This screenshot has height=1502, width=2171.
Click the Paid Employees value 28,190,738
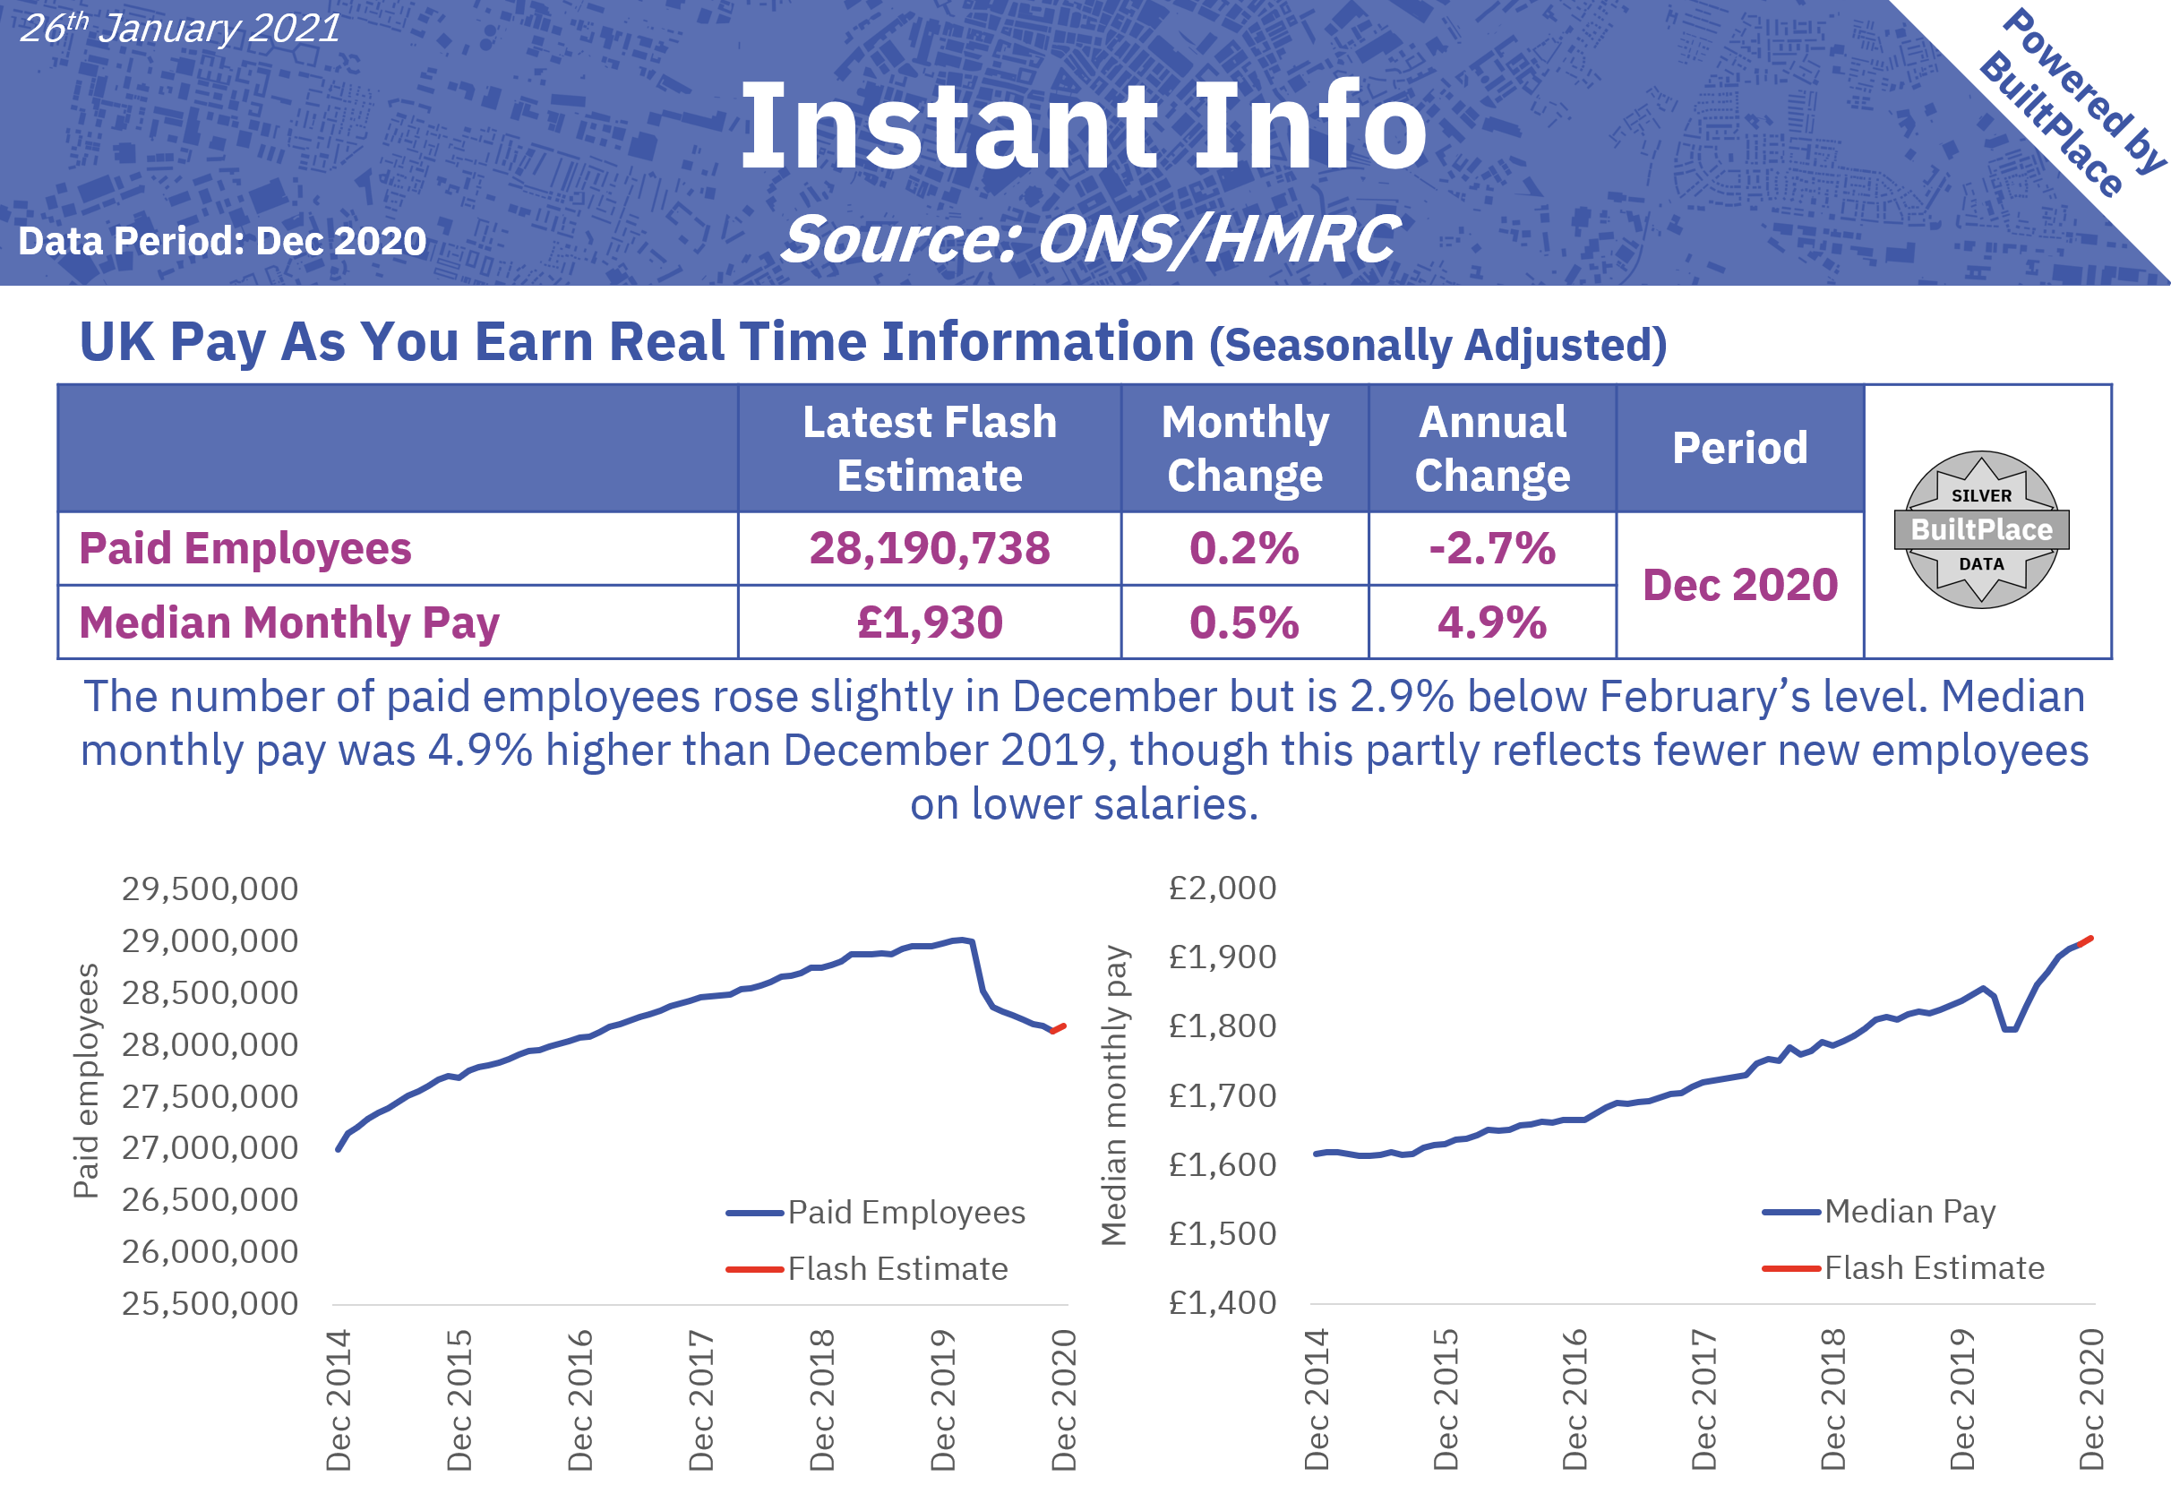point(929,549)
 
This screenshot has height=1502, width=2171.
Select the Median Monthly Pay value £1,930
point(929,623)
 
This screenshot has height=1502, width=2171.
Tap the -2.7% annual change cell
point(1491,549)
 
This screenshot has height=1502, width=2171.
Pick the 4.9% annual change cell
point(1491,623)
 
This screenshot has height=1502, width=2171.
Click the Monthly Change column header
point(1244,448)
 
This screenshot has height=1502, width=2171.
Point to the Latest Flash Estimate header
point(929,448)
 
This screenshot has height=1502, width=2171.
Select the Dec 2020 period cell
point(1739,586)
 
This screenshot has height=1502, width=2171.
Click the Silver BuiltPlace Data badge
point(1981,529)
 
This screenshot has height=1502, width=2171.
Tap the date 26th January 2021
point(179,29)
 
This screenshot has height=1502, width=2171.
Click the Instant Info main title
point(1082,127)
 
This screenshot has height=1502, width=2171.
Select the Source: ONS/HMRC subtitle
point(1090,239)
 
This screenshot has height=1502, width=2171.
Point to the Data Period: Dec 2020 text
point(222,242)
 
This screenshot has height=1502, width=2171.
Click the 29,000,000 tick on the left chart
point(209,941)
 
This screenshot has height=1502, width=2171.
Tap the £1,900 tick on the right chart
point(1222,957)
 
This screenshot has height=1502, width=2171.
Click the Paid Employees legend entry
point(905,1212)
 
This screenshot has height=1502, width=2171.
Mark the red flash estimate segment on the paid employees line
point(1059,1028)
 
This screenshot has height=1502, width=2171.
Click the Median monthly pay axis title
point(1114,1095)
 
